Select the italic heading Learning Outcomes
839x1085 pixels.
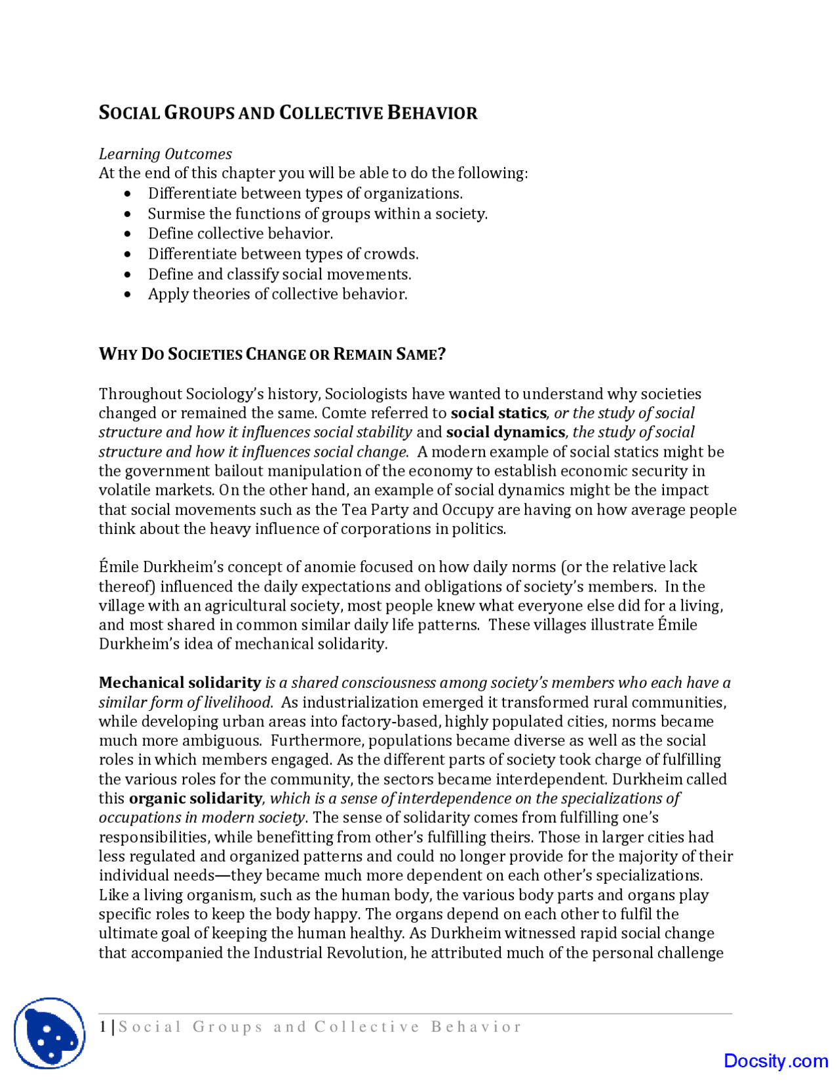(x=165, y=154)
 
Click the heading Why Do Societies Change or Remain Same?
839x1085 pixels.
(x=272, y=354)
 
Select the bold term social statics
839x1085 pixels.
(x=498, y=413)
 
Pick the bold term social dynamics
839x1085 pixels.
(x=505, y=432)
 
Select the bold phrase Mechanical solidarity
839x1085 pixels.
(x=180, y=683)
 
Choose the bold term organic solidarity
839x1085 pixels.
(x=195, y=799)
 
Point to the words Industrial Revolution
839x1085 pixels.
(x=329, y=953)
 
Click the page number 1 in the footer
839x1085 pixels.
(x=103, y=1027)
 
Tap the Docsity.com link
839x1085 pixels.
(x=775, y=1061)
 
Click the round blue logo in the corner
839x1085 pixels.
(x=50, y=1033)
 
